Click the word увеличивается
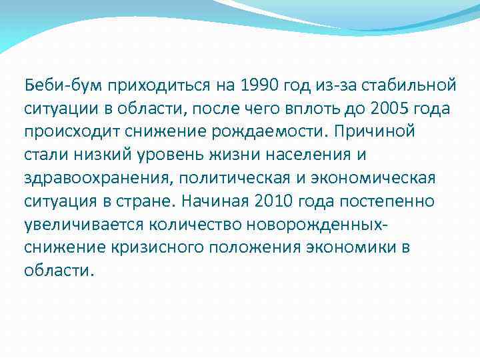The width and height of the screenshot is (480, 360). (79, 225)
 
